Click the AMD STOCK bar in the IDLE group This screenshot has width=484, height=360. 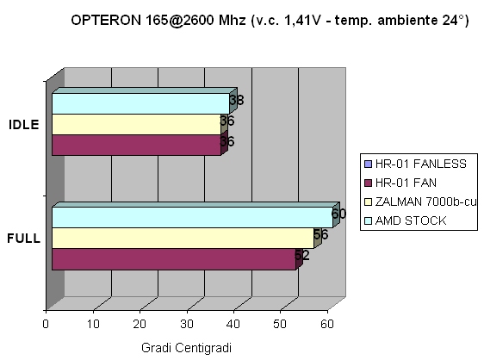click(x=138, y=103)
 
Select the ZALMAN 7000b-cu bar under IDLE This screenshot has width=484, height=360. click(x=135, y=124)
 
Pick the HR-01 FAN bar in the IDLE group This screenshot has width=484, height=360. click(x=135, y=145)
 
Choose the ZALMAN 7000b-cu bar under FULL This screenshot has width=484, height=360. click(x=182, y=238)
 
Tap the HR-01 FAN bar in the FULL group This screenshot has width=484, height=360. click(x=172, y=258)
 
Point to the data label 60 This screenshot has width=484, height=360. click(x=338, y=214)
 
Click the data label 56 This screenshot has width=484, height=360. click(x=320, y=234)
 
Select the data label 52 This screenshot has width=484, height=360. click(x=301, y=255)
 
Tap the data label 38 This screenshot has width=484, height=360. click(x=237, y=100)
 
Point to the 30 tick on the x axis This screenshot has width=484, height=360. click(x=187, y=324)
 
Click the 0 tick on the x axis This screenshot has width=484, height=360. click(x=46, y=324)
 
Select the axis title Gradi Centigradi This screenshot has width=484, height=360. click(x=187, y=346)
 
